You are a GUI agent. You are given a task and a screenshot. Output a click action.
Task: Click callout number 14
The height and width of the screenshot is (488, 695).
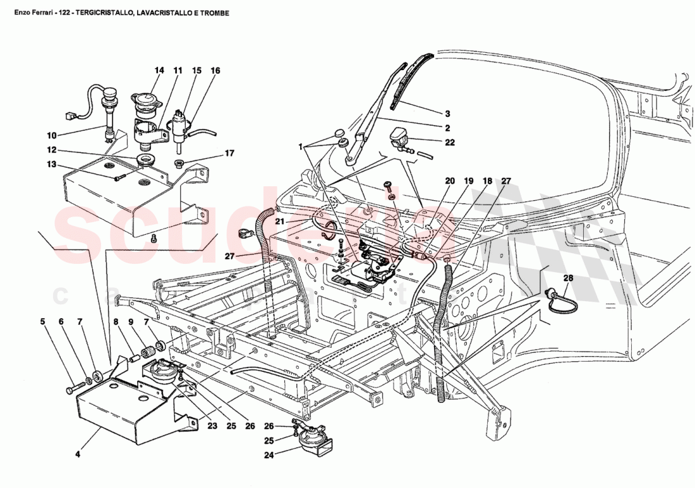click(159, 71)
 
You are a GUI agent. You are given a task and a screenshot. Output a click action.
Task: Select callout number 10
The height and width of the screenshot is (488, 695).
click(52, 135)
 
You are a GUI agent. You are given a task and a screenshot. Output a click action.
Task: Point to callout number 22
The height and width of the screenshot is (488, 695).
click(449, 143)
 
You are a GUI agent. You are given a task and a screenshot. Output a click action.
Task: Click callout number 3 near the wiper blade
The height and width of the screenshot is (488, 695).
click(447, 114)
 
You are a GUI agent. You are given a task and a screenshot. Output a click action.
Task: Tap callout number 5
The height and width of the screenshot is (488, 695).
click(43, 322)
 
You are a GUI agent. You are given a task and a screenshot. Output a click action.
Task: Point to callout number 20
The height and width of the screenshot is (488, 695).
click(449, 181)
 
